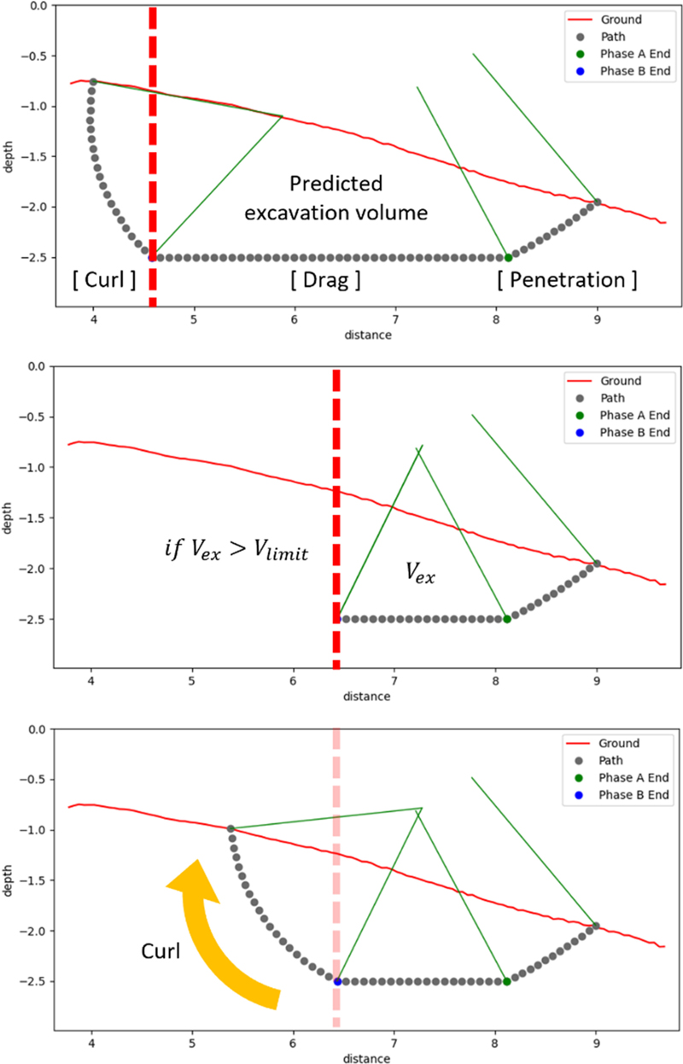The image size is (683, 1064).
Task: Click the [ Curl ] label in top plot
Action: point(104,279)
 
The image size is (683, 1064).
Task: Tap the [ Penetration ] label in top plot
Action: point(567,279)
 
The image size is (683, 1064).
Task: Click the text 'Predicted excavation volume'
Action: point(335,198)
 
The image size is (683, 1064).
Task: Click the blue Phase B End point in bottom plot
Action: point(337,981)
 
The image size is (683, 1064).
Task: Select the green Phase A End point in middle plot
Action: point(507,619)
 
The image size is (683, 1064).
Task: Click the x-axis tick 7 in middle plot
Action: point(394,682)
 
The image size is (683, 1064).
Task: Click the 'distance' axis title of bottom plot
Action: point(367,1058)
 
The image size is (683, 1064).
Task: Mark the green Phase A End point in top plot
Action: point(508,257)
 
